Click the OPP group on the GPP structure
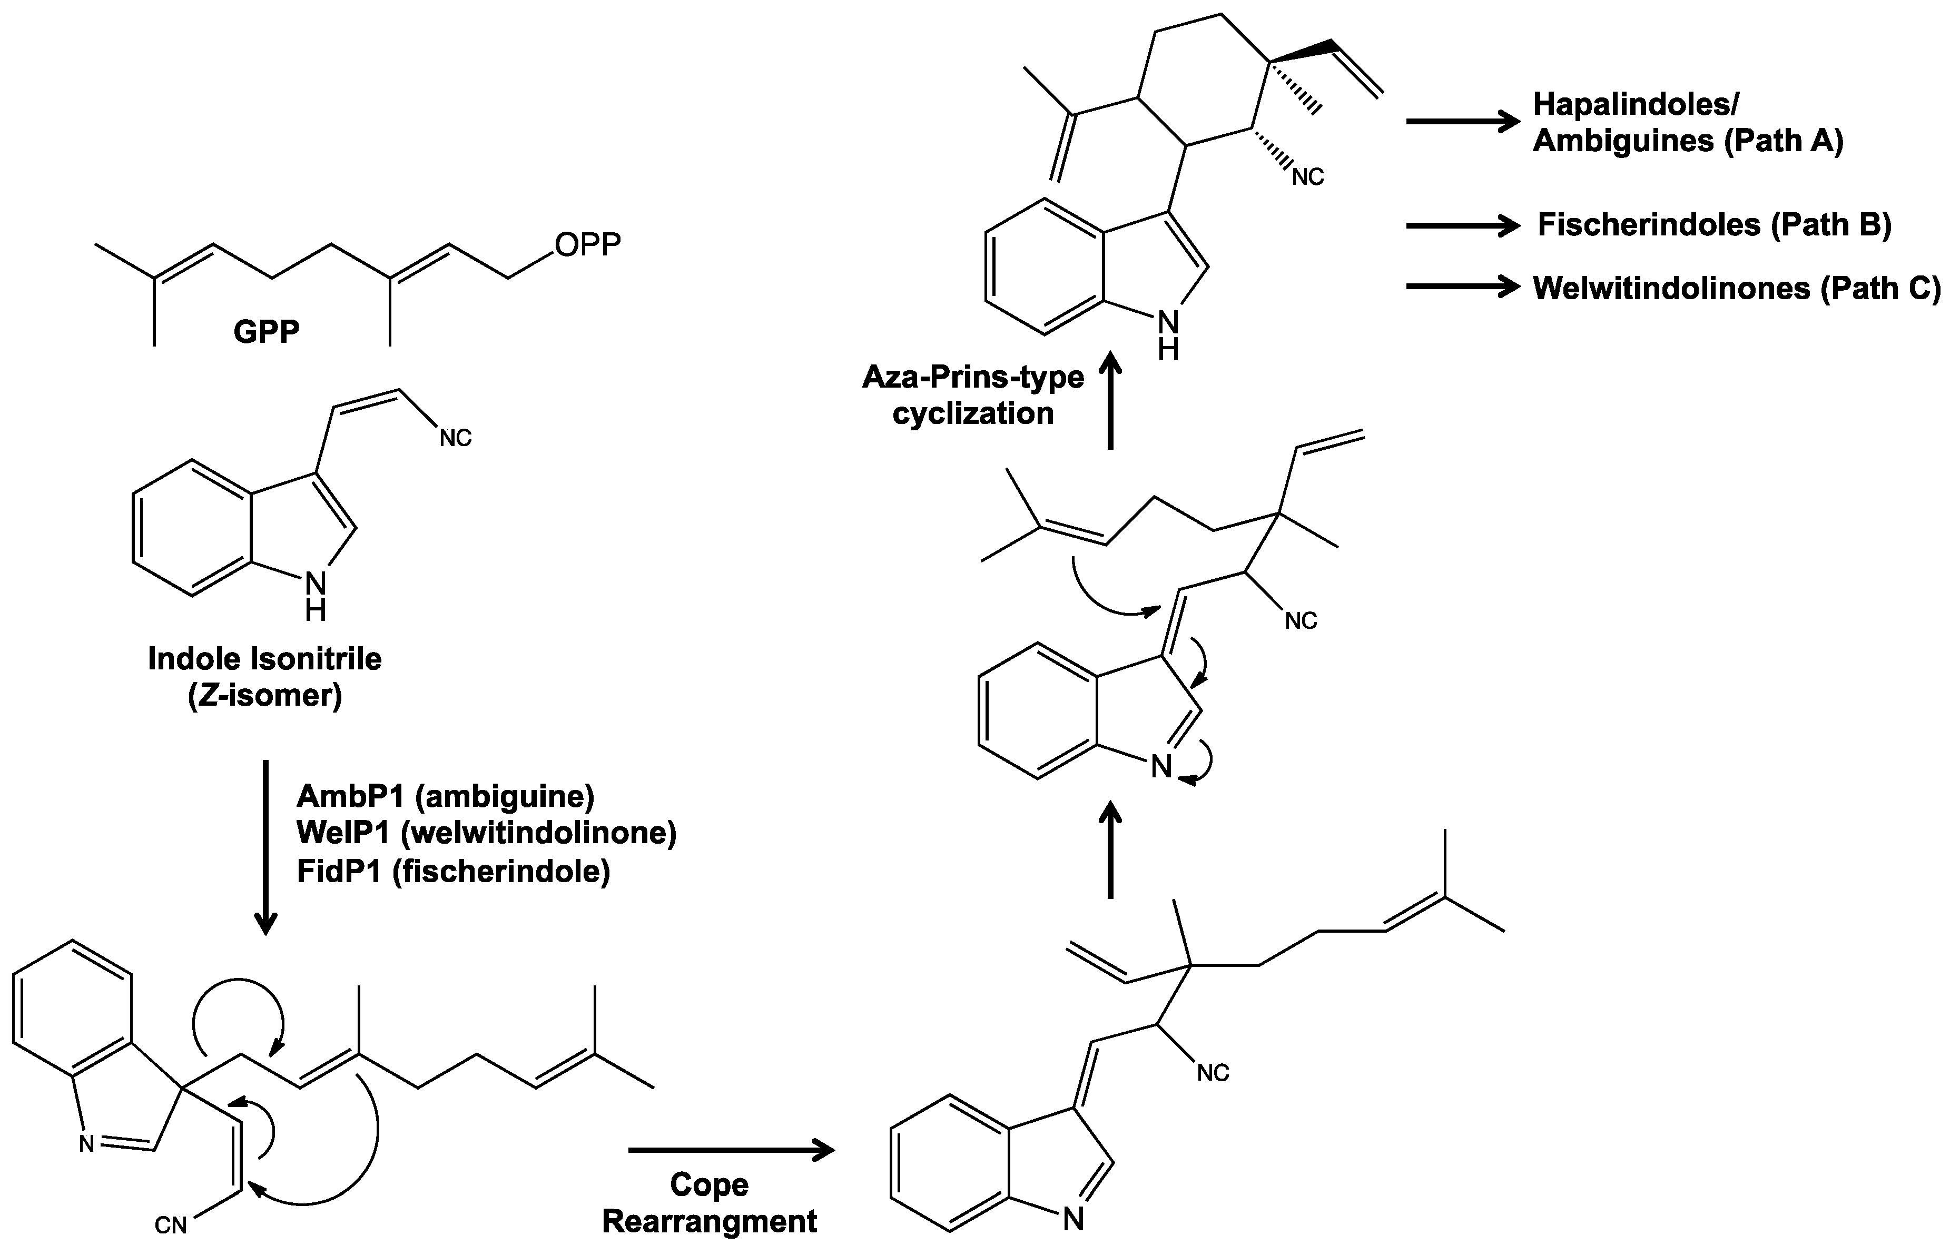[587, 244]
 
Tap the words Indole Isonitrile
[265, 659]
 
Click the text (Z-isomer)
[265, 695]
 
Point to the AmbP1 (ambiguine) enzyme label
[446, 796]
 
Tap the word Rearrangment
[710, 1221]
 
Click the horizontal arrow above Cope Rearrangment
[731, 1150]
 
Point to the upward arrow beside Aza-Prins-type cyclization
[1110, 402]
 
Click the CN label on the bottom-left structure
[170, 1226]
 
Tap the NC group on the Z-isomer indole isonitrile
[455, 438]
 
